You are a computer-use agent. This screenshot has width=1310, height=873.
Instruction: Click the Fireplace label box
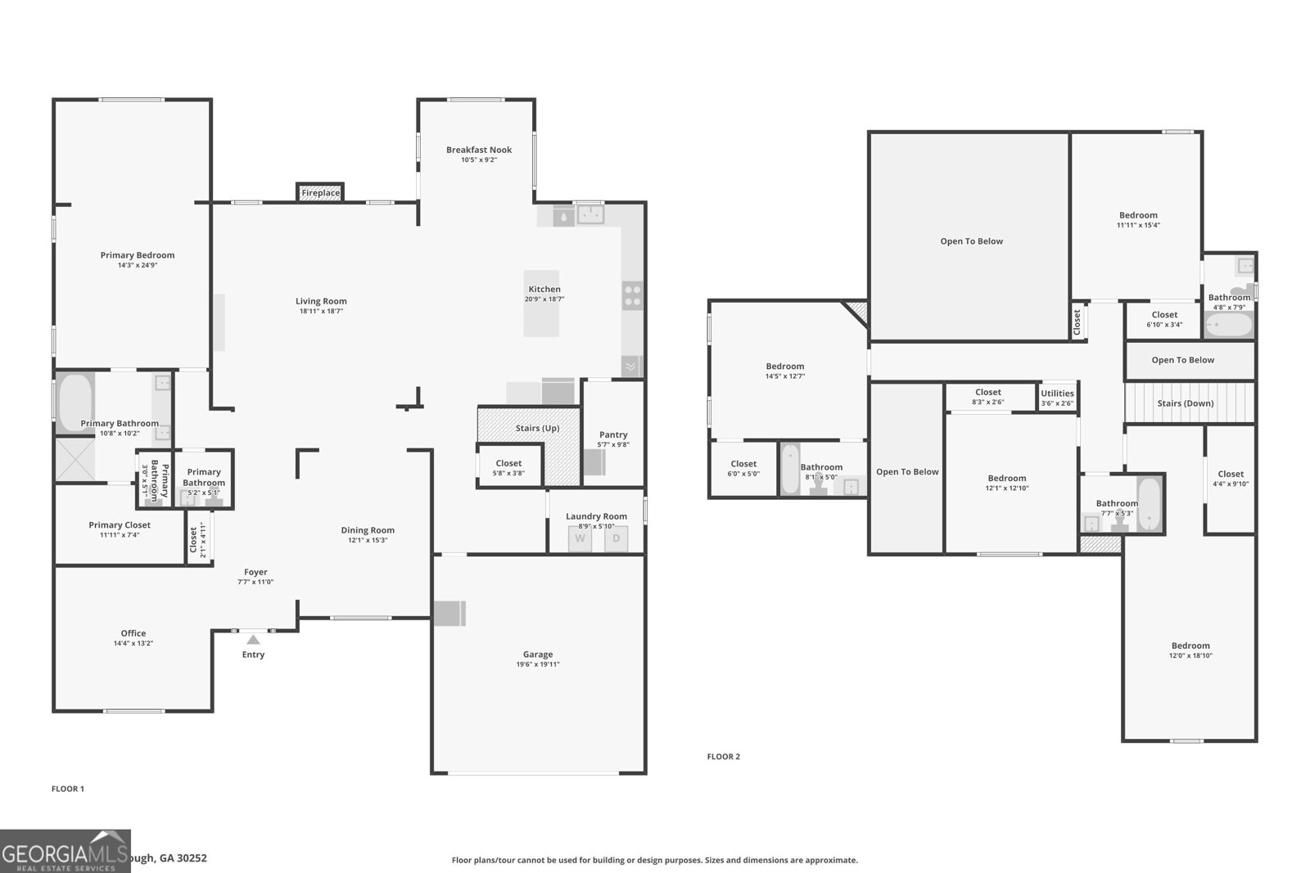(x=320, y=193)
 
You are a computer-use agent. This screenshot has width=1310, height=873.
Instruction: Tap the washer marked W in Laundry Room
(x=580, y=538)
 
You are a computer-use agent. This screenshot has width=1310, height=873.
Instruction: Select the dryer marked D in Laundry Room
(x=617, y=538)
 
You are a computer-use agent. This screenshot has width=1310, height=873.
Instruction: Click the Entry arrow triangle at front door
(x=253, y=640)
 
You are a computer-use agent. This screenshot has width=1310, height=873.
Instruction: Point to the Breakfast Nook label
(x=479, y=150)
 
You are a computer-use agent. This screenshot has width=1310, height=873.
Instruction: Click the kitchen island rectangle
(x=541, y=304)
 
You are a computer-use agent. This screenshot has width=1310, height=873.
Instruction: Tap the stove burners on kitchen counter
(x=632, y=295)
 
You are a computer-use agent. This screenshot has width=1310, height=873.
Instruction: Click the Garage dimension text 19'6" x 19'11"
(x=538, y=664)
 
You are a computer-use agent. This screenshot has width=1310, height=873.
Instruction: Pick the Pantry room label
(x=613, y=434)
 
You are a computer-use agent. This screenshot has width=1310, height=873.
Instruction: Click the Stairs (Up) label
(x=537, y=428)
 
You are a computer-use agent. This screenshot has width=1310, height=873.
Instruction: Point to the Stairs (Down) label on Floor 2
(x=1185, y=403)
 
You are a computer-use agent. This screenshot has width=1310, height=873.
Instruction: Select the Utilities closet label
(x=1057, y=394)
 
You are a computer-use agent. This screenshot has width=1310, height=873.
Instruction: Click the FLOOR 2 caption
(x=723, y=757)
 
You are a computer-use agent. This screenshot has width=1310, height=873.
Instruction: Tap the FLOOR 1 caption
(x=68, y=789)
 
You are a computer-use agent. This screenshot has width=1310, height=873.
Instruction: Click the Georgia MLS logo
(x=65, y=851)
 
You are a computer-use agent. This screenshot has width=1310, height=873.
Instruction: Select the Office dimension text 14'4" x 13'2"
(x=133, y=643)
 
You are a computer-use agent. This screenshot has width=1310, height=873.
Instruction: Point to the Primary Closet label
(x=120, y=525)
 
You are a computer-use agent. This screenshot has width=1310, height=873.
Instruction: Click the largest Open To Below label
(x=971, y=241)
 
